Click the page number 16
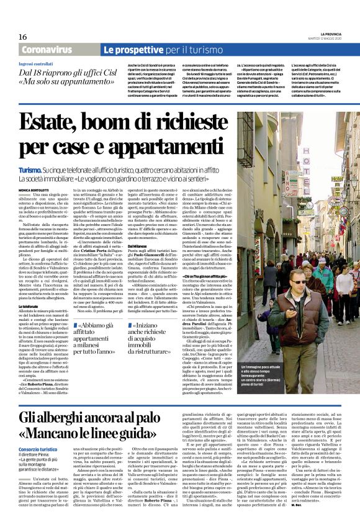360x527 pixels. pyautogui.click(x=22, y=37)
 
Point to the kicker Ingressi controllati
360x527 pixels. pyautogui.click(x=36, y=63)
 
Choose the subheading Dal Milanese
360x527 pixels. pyautogui.click(x=137, y=246)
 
